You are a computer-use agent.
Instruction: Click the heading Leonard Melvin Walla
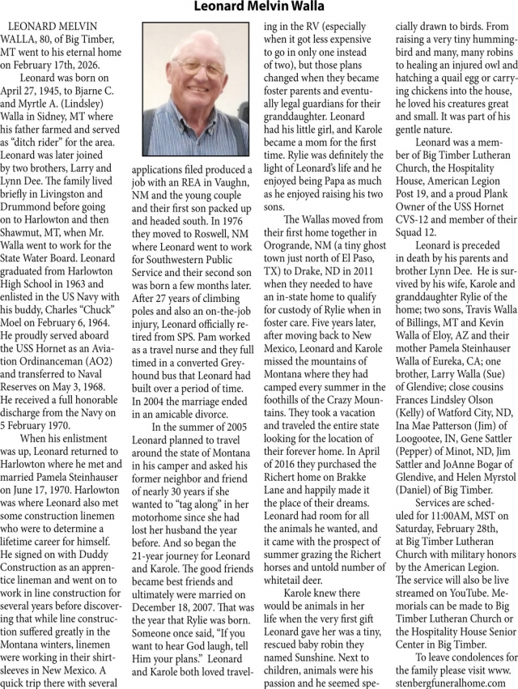(258, 8)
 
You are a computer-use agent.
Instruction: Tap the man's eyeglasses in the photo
(195, 80)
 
